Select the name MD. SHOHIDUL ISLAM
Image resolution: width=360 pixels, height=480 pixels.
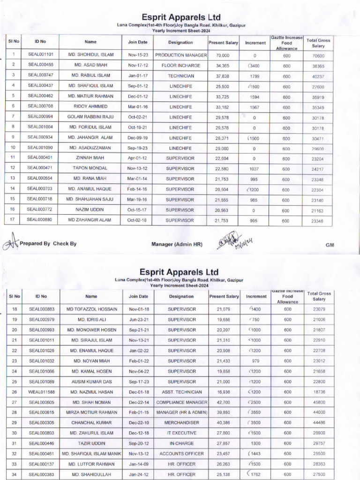point(91,55)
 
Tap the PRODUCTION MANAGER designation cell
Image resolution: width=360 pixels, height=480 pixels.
point(181,55)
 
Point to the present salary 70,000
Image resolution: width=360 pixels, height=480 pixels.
point(222,55)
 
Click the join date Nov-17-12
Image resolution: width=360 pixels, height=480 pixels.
point(138,65)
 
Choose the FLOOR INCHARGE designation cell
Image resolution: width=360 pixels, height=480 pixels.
point(181,65)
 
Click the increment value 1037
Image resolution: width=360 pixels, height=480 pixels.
point(255,169)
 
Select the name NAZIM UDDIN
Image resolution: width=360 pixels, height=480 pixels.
point(91,210)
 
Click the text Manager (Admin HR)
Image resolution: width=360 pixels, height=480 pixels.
point(177,244)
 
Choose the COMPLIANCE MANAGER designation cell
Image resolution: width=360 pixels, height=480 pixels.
point(182,402)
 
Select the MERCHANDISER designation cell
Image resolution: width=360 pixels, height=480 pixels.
point(182,423)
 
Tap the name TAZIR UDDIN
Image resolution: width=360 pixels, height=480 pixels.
point(91,443)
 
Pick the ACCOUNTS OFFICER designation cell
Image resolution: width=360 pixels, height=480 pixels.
point(182,454)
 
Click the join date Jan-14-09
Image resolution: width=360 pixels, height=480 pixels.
point(138,464)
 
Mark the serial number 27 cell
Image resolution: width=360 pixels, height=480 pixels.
point(14,402)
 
